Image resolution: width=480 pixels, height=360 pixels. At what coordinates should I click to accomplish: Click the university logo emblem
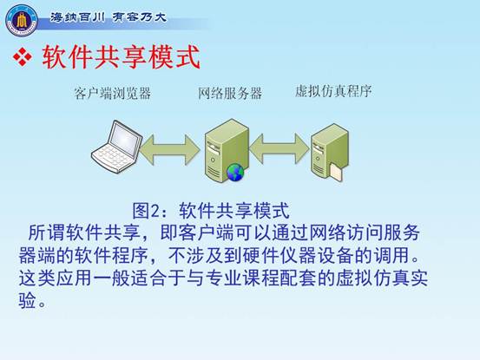tap(22, 20)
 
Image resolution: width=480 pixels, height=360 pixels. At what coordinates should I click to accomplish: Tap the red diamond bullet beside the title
tap(23, 57)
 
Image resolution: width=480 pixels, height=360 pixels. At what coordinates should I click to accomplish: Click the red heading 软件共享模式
tap(122, 57)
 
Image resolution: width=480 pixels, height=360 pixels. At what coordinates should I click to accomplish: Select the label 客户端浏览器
tap(113, 93)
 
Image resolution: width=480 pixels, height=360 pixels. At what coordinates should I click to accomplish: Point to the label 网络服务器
tap(230, 93)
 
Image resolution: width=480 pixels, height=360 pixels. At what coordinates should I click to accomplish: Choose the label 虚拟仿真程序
tap(333, 91)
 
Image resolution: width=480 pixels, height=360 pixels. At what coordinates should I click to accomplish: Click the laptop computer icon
tap(116, 147)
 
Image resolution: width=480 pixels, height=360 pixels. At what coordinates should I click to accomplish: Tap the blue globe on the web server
tap(235, 173)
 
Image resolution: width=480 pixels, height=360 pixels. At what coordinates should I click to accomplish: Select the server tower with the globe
tap(227, 150)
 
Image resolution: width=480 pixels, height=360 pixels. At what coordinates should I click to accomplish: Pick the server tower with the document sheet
tap(329, 152)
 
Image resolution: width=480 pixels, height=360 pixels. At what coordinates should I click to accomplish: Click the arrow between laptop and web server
tap(170, 149)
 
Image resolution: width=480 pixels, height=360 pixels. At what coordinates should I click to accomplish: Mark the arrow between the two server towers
tap(279, 148)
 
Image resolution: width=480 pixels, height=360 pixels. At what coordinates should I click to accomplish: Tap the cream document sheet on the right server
tap(336, 173)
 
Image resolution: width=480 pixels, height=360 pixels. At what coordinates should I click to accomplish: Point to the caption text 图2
tap(146, 211)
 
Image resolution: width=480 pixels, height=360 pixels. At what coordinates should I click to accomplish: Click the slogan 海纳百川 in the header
tap(77, 17)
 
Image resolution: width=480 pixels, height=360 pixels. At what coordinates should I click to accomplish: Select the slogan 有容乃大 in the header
tap(140, 16)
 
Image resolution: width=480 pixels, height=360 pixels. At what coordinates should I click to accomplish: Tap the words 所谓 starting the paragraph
tap(47, 232)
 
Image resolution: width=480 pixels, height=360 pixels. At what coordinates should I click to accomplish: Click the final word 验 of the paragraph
tap(28, 300)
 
